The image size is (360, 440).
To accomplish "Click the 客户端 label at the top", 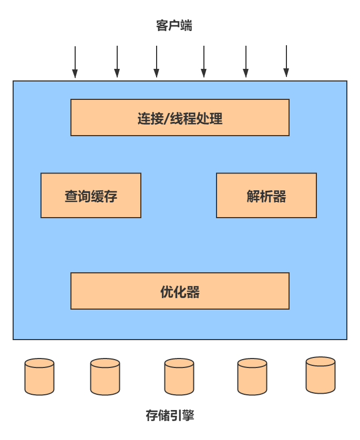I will tap(174, 26).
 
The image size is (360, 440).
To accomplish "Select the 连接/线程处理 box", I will tap(180, 117).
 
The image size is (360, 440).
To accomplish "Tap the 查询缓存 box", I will tap(91, 196).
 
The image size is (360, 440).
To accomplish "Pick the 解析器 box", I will tap(266, 196).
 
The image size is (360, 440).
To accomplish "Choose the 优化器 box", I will tap(180, 291).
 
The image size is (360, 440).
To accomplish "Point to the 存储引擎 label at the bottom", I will tap(170, 415).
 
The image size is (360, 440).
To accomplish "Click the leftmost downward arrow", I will tap(75, 62).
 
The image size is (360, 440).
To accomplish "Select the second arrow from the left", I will tap(117, 62).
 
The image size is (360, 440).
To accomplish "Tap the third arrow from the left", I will tap(156, 62).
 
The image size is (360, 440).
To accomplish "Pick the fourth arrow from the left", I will tap(204, 62).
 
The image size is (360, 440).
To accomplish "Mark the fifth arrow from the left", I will tap(245, 62).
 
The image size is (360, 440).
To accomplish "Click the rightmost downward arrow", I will tap(286, 62).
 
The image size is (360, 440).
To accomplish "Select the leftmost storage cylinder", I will tap(39, 376).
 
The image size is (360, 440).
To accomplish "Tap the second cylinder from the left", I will tap(105, 376).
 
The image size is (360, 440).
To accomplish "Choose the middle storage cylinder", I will tap(179, 376).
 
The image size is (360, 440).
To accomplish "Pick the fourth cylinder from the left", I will tap(252, 376).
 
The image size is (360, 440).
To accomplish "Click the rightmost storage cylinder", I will tap(321, 375).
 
